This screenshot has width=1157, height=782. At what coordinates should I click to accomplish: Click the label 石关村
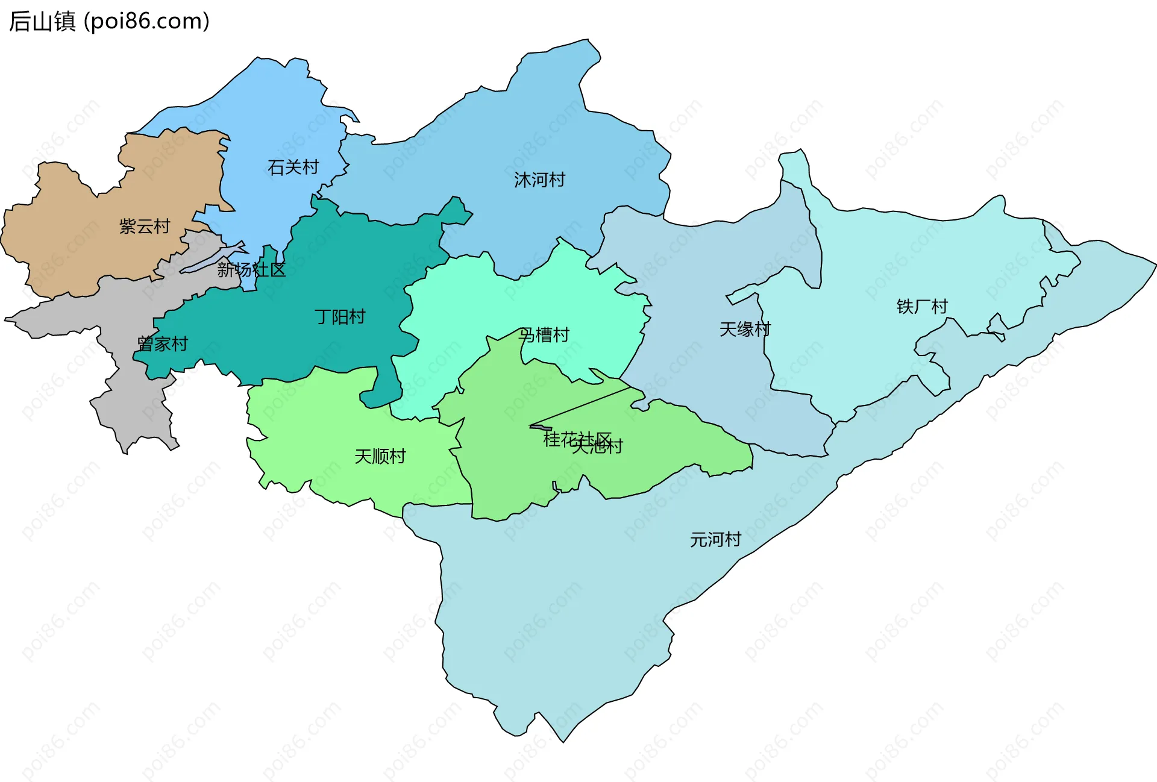coord(293,167)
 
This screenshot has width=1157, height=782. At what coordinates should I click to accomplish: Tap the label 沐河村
coord(539,180)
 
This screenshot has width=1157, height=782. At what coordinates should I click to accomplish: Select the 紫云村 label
coord(145,227)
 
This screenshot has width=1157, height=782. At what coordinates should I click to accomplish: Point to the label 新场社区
coord(251,269)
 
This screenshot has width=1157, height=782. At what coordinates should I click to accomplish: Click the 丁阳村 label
coord(340,317)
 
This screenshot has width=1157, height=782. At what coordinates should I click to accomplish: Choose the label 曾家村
coord(163,344)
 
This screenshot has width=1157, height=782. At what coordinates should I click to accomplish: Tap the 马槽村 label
coord(544,335)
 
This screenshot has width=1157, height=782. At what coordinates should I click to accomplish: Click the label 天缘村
coord(745,330)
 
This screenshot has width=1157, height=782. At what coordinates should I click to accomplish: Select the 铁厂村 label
coord(922,307)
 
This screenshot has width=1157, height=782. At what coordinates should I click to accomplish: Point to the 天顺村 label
coord(380,457)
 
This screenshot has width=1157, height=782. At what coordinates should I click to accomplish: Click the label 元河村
coord(715,539)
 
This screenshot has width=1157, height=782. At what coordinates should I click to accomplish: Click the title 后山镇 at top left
coord(42,21)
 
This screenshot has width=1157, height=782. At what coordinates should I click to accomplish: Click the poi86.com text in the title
coord(146,21)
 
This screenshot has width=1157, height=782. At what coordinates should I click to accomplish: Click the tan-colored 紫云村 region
coord(72,241)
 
